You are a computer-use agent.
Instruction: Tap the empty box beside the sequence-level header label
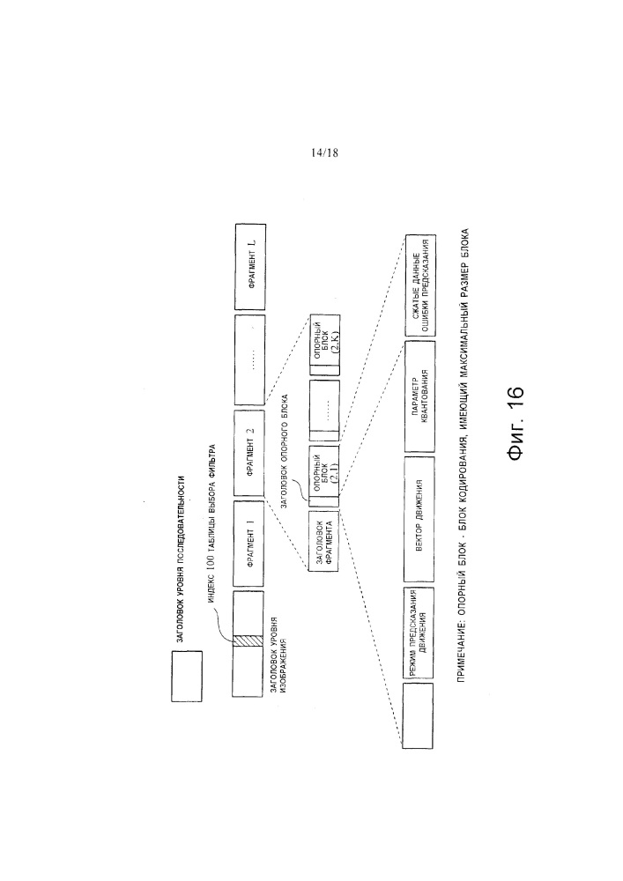[186, 677]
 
